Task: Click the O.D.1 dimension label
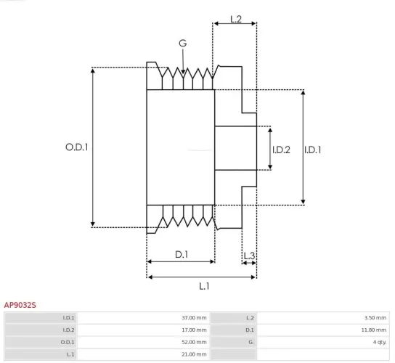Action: pos(76,147)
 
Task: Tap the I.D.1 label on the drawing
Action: pos(313,150)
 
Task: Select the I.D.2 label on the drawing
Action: pos(281,150)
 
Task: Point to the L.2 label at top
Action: pos(236,19)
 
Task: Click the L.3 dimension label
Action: pos(249,256)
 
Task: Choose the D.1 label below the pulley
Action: pos(182,254)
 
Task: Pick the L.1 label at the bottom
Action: pos(204,286)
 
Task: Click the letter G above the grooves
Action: pos(183,44)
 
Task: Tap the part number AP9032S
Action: pos(20,306)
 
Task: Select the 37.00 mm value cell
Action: pos(195,318)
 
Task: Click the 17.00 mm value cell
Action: pos(195,330)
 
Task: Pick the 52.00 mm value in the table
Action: pos(195,341)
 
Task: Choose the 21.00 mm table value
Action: pos(195,354)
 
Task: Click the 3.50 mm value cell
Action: pos(375,318)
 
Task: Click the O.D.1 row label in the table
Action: pos(68,341)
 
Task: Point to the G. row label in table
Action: pos(251,341)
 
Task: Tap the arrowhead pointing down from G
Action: pos(183,70)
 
